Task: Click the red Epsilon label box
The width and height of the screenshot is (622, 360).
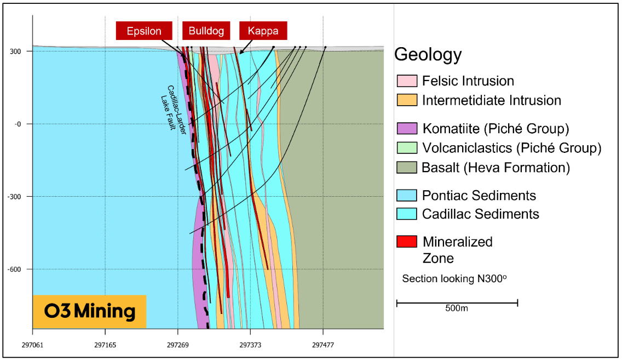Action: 144,31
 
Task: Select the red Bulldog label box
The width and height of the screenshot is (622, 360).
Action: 206,31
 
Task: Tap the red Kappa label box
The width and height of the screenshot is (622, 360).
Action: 263,31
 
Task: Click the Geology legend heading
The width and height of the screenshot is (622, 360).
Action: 428,55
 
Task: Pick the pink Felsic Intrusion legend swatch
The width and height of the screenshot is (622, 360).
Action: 407,81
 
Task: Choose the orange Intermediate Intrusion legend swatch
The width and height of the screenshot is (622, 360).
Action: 407,101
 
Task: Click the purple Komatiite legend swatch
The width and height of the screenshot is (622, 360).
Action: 407,129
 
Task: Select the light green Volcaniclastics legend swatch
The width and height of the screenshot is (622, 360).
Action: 407,148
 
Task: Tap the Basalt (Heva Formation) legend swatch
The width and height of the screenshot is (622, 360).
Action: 407,168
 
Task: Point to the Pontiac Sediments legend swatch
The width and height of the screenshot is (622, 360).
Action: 407,195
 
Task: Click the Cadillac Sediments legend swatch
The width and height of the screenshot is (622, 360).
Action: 407,214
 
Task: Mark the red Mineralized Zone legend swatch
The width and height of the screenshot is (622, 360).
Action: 407,241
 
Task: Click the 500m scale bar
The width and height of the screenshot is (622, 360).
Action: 457,302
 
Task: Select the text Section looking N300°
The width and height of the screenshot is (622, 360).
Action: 454,278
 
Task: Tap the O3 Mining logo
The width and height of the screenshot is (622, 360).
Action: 89,312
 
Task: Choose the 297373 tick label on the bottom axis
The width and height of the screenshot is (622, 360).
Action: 250,346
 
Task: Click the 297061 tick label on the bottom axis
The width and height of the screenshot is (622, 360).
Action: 33,346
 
